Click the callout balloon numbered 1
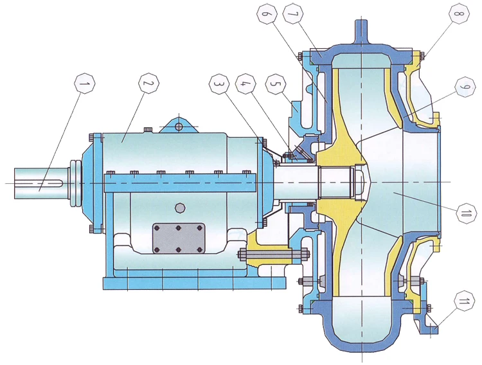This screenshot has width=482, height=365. coord(85,84)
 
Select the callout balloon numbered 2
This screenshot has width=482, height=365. coord(149,83)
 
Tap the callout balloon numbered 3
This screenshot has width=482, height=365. coord(219,83)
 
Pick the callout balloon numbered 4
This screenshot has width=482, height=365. coord(245,83)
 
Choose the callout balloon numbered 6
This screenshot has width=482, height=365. coord(267,14)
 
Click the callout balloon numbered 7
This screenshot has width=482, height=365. coord(294,14)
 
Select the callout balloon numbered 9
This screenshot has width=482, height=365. coord(466,87)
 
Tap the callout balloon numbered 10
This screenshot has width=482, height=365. coord(466,213)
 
